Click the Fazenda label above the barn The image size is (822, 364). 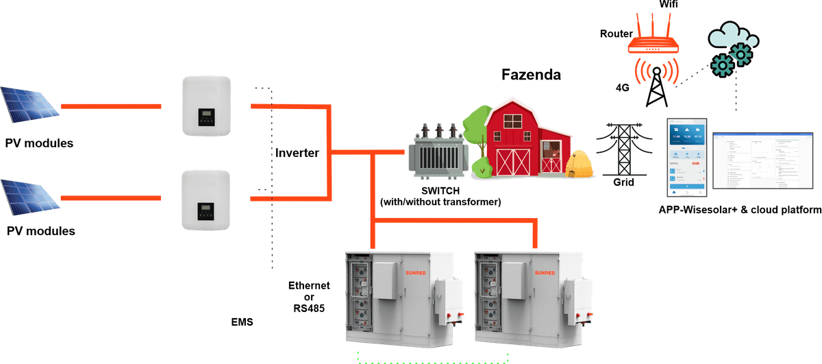[x=531, y=73]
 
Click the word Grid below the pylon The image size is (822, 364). [x=623, y=183]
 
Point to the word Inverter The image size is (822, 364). [x=297, y=153]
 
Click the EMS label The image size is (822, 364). [x=243, y=320]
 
